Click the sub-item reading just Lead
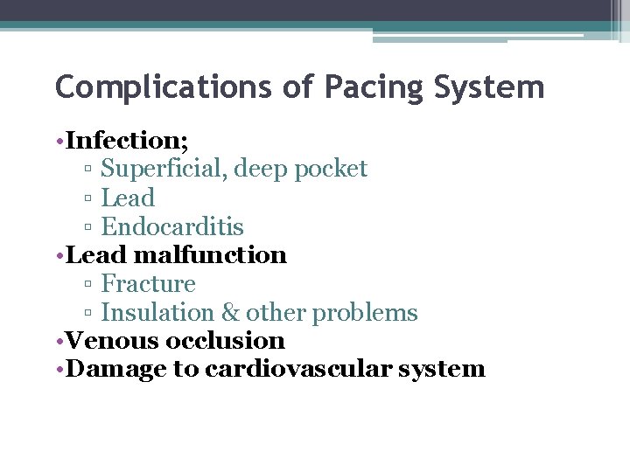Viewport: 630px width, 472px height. click(x=128, y=198)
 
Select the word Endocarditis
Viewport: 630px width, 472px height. click(x=172, y=226)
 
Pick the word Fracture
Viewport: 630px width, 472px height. click(x=148, y=283)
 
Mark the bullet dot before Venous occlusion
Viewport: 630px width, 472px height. click(x=60, y=340)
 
